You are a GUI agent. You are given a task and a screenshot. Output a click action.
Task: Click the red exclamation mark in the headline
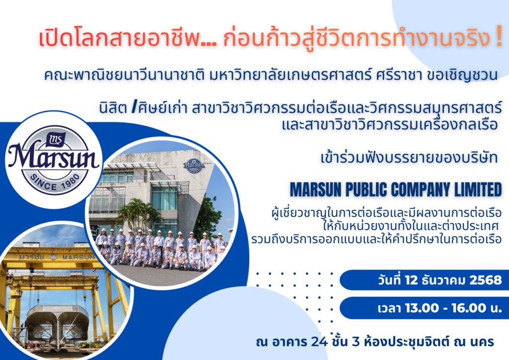(498, 39)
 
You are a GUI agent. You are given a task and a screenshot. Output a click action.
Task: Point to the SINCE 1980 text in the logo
(55, 178)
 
